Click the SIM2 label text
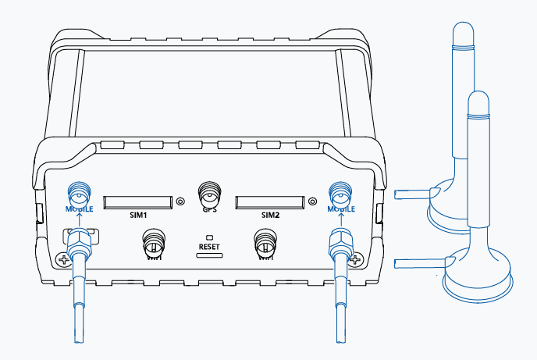pyautogui.click(x=270, y=213)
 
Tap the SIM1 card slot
pyautogui.click(x=137, y=201)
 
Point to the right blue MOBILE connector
pyautogui.click(x=338, y=191)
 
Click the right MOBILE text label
pyautogui.click(x=338, y=209)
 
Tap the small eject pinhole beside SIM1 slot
pyautogui.click(x=180, y=201)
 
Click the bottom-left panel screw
pyautogui.click(x=63, y=259)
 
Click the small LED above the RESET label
pyautogui.click(x=209, y=236)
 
